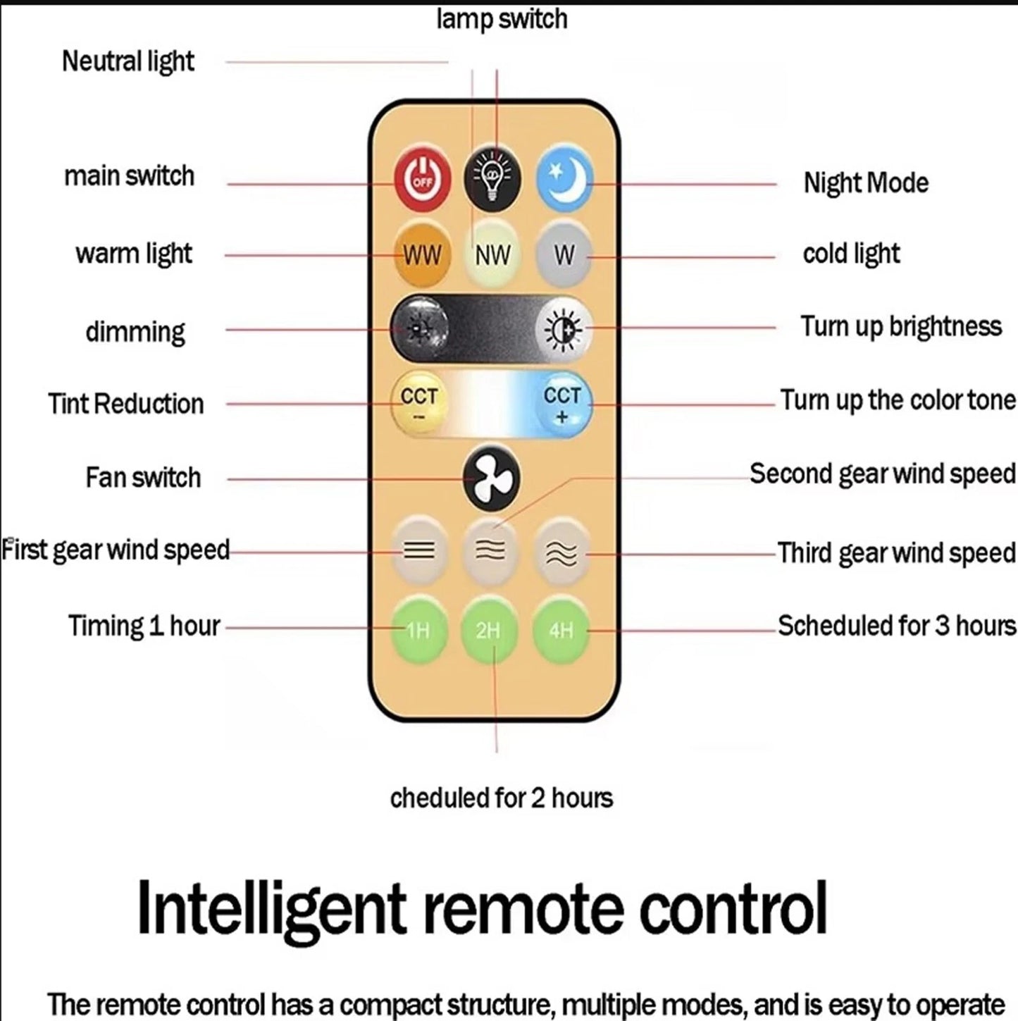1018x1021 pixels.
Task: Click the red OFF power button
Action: click(423, 180)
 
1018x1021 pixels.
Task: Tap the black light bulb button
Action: click(492, 178)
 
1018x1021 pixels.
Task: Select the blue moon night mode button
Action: click(565, 178)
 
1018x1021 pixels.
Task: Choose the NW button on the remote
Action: click(493, 255)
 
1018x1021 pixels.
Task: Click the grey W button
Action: click(564, 255)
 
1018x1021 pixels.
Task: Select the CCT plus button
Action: click(562, 404)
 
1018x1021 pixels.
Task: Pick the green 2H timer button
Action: click(489, 629)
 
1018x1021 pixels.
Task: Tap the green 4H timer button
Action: click(561, 629)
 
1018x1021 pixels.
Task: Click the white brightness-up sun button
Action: click(563, 329)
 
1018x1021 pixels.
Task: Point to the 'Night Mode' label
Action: click(866, 183)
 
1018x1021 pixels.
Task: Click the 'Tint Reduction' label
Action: click(126, 404)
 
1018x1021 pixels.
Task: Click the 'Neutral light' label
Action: click(128, 61)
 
